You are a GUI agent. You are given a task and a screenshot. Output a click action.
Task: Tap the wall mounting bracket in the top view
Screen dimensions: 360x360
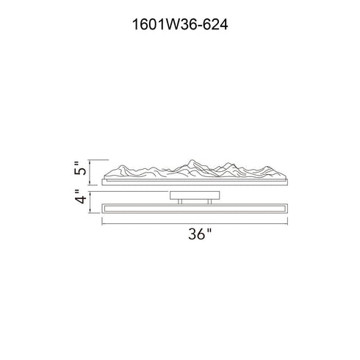(195, 195)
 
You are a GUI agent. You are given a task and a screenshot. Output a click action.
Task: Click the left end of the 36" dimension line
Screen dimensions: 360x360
(102, 223)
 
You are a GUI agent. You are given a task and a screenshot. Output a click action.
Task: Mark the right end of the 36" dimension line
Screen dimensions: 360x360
(287, 223)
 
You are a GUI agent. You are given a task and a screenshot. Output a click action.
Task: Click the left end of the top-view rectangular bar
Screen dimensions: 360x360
(104, 209)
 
